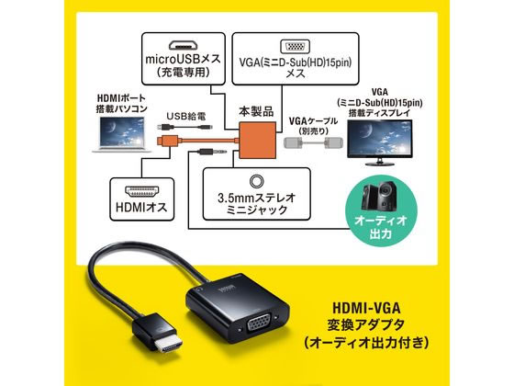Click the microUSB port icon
coord(184,45)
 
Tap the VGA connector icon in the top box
coord(295,46)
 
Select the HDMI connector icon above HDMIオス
coord(142,191)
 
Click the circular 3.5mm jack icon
coord(256,181)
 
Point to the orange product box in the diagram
coord(258,140)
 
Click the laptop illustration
coord(121,134)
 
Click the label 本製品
coord(256,111)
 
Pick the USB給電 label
coord(185,116)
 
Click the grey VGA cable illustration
coord(313,143)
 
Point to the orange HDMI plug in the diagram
coord(167,142)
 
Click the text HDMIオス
coord(141,207)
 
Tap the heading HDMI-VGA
coord(366,309)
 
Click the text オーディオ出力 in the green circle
coord(381,227)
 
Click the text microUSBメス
coord(184,60)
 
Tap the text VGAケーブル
coord(313,121)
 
